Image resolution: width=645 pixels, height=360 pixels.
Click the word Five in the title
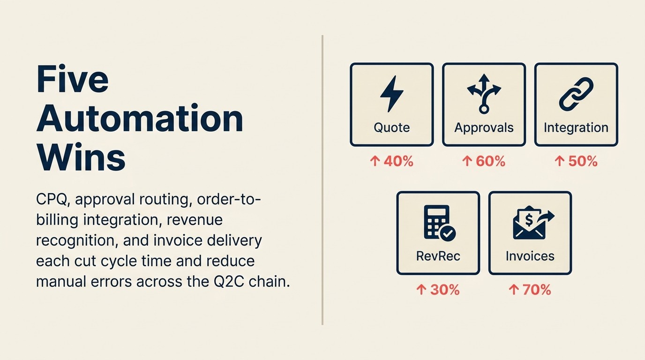pyautogui.click(x=72, y=79)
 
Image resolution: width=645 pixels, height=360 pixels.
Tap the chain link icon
pyautogui.click(x=576, y=94)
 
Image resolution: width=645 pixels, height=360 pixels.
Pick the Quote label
pyautogui.click(x=391, y=127)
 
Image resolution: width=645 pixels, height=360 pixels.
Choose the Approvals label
pyautogui.click(x=484, y=127)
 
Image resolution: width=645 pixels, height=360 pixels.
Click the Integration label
pyautogui.click(x=576, y=127)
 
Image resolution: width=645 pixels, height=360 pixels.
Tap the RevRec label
pyautogui.click(x=438, y=256)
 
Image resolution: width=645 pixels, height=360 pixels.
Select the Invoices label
pyautogui.click(x=530, y=256)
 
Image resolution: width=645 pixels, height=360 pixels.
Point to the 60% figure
pyautogui.click(x=490, y=162)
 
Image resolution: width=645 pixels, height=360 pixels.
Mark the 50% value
pyautogui.click(x=583, y=162)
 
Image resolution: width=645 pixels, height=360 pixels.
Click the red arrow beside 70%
pyautogui.click(x=513, y=290)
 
